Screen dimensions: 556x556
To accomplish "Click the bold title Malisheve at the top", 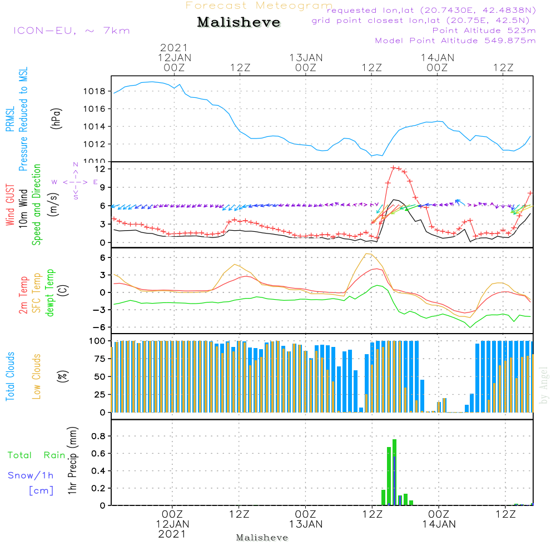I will click(x=239, y=22).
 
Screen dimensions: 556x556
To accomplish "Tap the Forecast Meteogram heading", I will click(x=259, y=6).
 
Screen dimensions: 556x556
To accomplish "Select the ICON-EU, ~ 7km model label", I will click(x=71, y=31).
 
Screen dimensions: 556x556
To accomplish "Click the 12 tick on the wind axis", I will click(x=101, y=168).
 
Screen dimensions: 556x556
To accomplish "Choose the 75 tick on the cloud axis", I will click(x=98, y=359).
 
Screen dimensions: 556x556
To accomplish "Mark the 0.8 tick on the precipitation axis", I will click(x=98, y=436).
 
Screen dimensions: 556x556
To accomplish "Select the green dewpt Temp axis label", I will click(x=49, y=293).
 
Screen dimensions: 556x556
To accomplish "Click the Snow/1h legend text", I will click(x=31, y=475).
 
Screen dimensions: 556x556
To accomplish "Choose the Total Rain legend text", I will click(x=36, y=455).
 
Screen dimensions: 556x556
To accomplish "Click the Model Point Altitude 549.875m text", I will click(x=455, y=41).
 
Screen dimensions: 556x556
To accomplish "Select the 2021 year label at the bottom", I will click(x=172, y=534).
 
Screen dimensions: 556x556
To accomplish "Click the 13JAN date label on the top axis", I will click(x=306, y=57).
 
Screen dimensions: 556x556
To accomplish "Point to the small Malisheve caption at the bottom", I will click(x=262, y=538).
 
